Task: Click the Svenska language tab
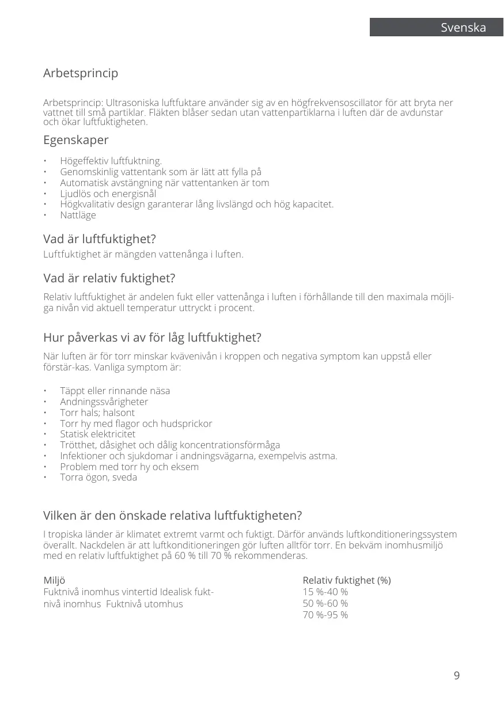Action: tap(463, 28)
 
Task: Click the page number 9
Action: tap(457, 676)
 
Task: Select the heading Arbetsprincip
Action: tap(81, 74)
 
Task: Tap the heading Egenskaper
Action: tap(76, 140)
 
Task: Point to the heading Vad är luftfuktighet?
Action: tap(100, 239)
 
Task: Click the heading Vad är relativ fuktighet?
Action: tap(109, 278)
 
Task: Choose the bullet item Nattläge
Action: tap(78, 215)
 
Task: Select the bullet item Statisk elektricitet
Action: tap(97, 434)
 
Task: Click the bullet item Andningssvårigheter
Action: tap(104, 402)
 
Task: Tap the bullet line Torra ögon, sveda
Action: tap(98, 478)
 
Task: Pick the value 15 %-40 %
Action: tap(325, 592)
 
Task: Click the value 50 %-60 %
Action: tap(325, 603)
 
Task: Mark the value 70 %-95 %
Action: tap(325, 615)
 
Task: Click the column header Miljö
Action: tap(55, 580)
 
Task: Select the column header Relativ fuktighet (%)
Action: tap(347, 580)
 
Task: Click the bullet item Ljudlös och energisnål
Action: tap(108, 194)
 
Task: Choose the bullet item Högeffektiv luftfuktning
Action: tap(111, 161)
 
